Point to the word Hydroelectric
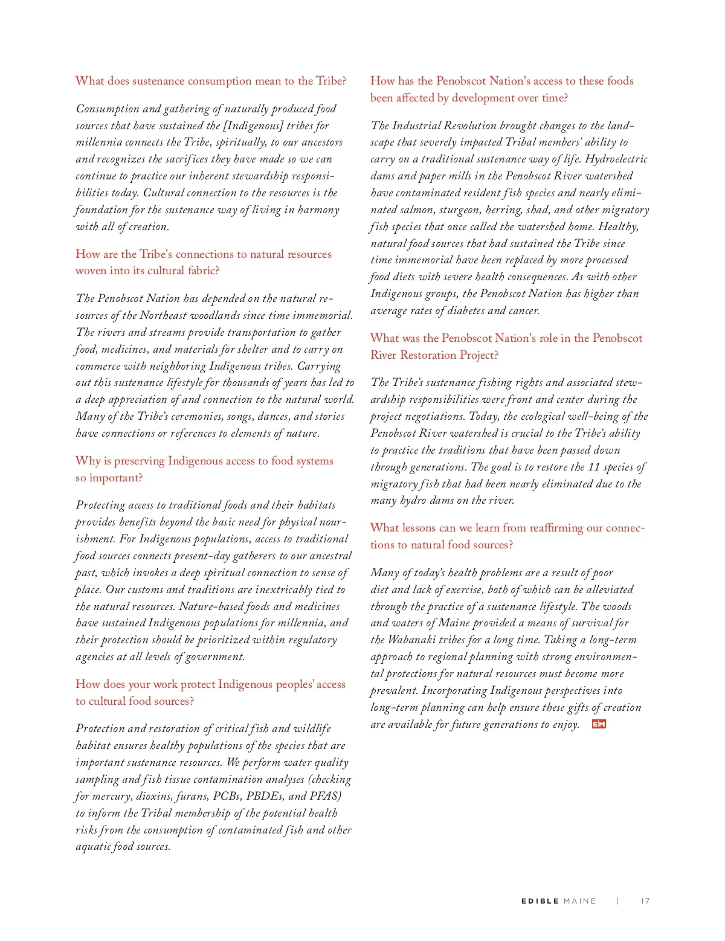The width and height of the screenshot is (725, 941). (616, 159)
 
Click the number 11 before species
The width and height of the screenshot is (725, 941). (594, 467)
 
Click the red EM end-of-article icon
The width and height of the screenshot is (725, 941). (599, 724)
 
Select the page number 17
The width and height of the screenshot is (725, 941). (645, 901)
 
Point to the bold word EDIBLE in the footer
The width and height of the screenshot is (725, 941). (540, 901)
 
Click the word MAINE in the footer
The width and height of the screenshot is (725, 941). (579, 901)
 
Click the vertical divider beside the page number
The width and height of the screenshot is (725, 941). (618, 901)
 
